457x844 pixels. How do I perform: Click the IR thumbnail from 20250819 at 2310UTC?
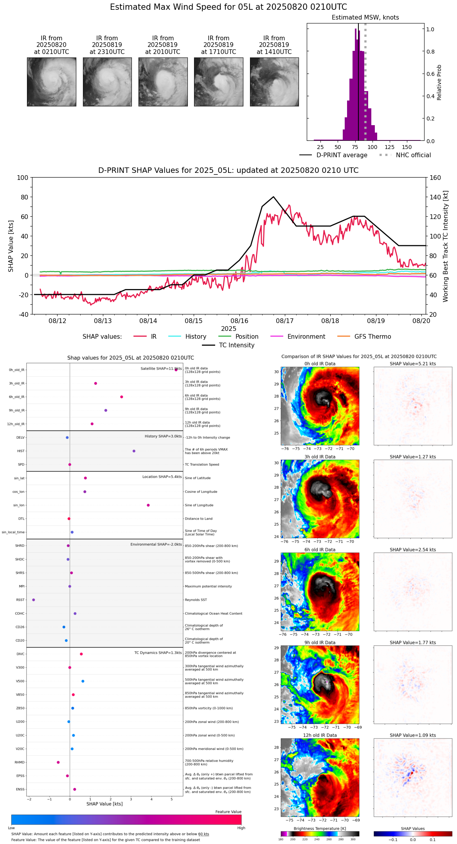(107, 82)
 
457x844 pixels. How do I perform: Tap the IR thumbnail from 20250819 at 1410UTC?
(274, 82)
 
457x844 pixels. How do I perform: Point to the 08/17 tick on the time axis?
(285, 321)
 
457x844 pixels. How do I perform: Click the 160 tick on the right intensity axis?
(435, 178)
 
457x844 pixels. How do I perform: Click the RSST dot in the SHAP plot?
(34, 600)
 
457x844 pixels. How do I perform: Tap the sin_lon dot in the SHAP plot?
(148, 505)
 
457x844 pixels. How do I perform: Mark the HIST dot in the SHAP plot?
(134, 451)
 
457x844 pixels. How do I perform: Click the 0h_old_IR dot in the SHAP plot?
(176, 370)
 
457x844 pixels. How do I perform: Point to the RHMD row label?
(20, 762)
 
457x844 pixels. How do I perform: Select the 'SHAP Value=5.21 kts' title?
(412, 364)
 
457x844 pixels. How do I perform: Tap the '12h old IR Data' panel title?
(320, 735)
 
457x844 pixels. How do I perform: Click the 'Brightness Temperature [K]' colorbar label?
(320, 828)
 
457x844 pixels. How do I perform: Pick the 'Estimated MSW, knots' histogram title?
(365, 18)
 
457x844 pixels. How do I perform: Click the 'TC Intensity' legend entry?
(236, 345)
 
